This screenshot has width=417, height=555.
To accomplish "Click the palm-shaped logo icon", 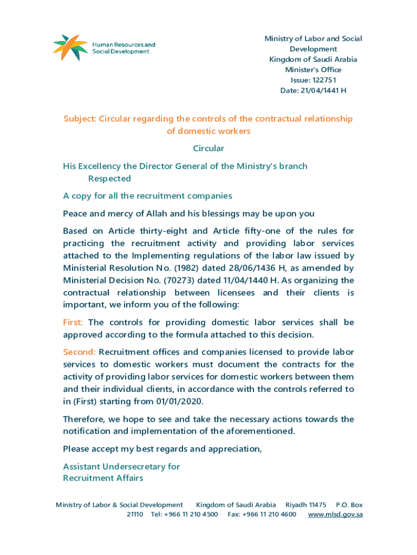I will [x=69, y=47].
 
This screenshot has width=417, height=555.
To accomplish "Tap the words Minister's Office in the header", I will [x=313, y=70].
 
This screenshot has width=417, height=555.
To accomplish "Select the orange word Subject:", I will [x=80, y=119].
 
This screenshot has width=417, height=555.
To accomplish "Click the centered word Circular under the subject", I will [x=208, y=148].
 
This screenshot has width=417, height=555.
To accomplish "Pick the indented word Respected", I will [x=109, y=178].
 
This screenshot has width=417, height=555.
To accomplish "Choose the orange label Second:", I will [x=79, y=352].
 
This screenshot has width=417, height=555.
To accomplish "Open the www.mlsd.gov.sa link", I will [x=335, y=514].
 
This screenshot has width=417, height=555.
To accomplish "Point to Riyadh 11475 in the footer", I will [x=305, y=505].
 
